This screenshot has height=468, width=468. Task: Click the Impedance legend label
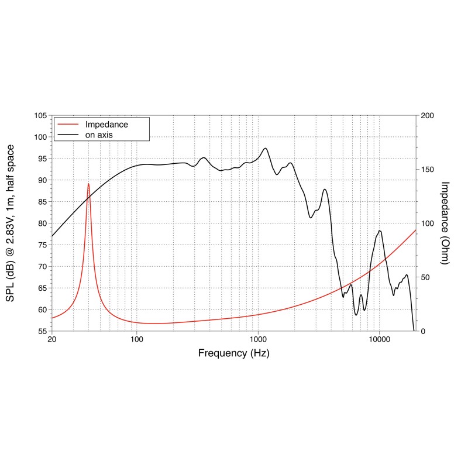[106, 125]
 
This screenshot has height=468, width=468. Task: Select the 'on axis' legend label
[99, 135]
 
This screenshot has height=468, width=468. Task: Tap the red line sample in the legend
[68, 124]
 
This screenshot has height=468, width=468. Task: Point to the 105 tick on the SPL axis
[40, 115]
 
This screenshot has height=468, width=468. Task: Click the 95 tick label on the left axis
[43, 159]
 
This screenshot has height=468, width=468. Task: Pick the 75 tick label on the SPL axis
[43, 245]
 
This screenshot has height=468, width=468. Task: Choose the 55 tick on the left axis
[43, 331]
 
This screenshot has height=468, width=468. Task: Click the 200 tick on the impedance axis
[427, 115]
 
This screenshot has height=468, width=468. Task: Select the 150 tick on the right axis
[427, 169]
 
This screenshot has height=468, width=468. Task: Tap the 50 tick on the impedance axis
[425, 277]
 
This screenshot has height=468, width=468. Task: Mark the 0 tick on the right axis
[423, 331]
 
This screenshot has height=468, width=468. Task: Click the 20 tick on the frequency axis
[52, 339]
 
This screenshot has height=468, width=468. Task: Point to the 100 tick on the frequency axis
[137, 339]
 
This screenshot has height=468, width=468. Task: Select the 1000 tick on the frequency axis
[258, 339]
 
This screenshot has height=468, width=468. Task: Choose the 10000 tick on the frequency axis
[379, 339]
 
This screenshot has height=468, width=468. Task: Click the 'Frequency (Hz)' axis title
[233, 353]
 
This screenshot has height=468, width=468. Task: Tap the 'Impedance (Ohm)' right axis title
[445, 223]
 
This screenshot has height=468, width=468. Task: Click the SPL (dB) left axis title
[10, 223]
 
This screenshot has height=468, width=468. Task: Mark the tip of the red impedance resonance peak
[88, 184]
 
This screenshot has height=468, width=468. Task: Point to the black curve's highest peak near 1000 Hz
[266, 148]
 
